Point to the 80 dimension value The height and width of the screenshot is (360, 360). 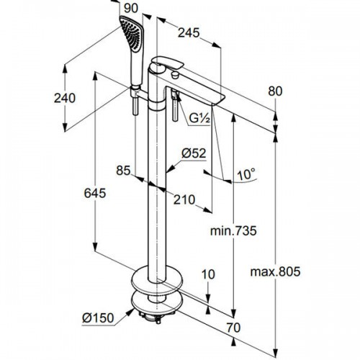coord(274,91)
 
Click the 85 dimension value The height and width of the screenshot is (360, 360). coord(123,170)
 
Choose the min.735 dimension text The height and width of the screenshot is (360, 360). coord(233,230)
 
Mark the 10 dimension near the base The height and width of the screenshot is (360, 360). coord(208,274)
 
